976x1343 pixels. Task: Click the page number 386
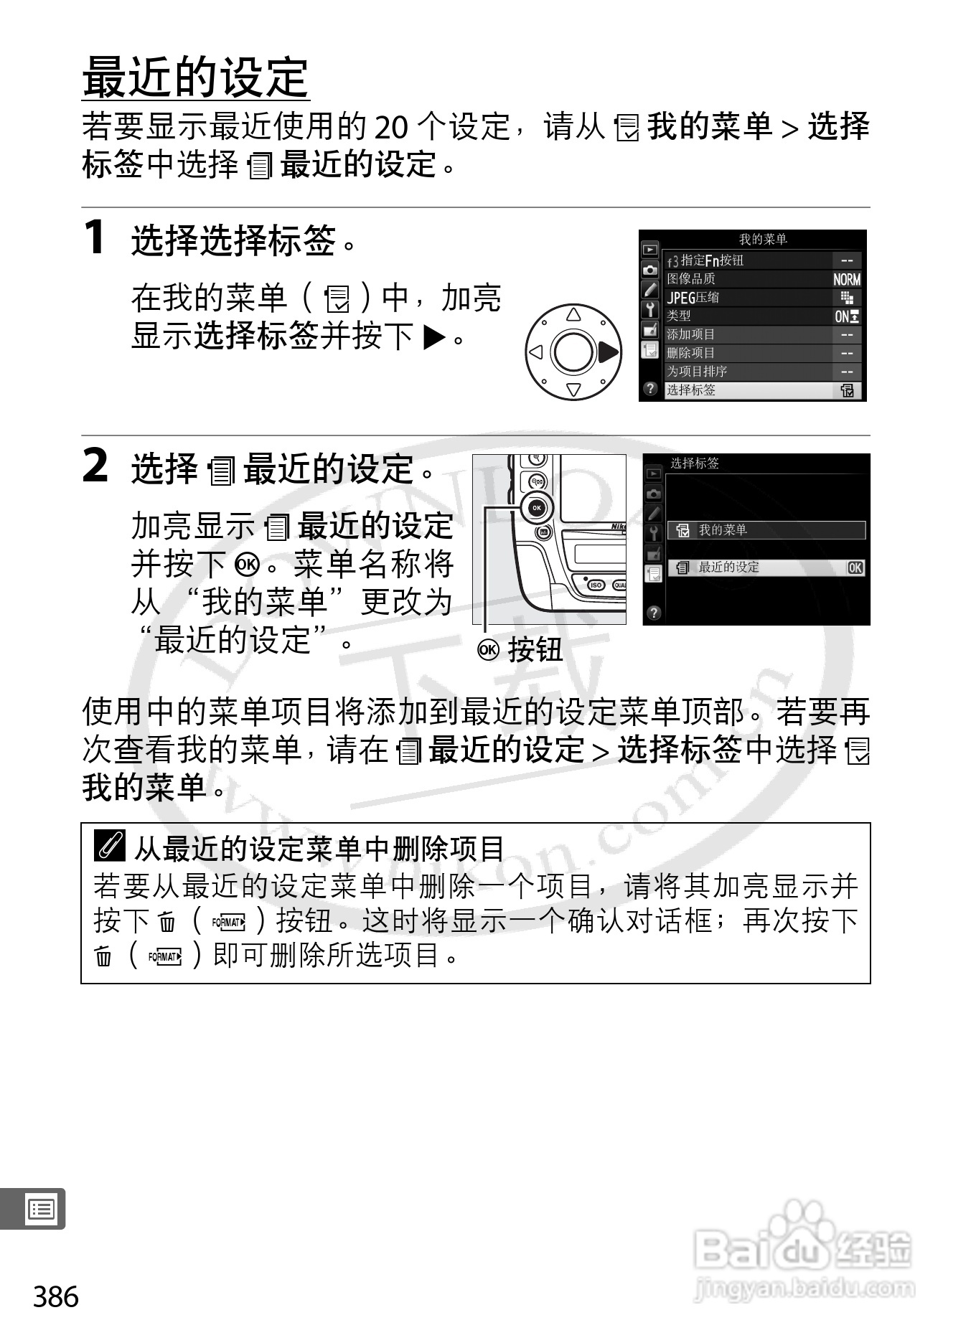(56, 1296)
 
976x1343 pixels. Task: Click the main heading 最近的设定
(195, 77)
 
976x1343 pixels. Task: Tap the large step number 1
(95, 237)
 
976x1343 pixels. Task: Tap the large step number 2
(96, 466)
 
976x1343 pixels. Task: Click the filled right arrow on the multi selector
(607, 352)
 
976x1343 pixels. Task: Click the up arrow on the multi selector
(573, 315)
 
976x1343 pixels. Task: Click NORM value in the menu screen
(846, 280)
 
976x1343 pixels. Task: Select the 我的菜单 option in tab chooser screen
(766, 530)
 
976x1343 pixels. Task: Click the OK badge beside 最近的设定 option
(855, 567)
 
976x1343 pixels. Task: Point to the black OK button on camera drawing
(537, 509)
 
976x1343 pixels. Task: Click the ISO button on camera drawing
(595, 585)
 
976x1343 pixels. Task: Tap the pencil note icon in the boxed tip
(110, 847)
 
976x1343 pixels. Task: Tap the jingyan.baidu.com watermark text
(804, 1289)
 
